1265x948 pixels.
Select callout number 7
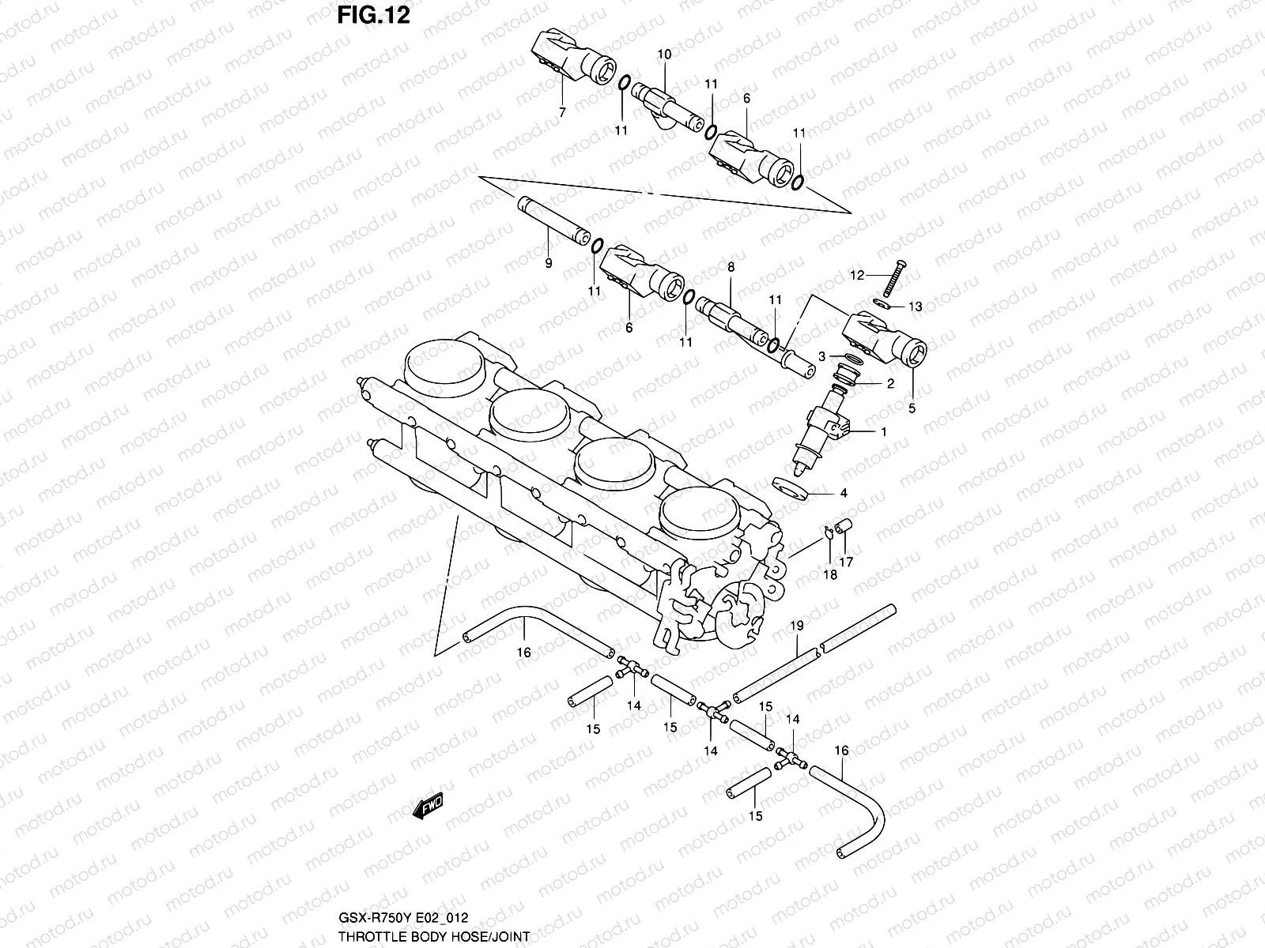tap(562, 113)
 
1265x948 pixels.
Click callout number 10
tap(664, 55)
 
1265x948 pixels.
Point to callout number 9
tap(548, 263)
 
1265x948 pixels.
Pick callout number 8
tap(731, 268)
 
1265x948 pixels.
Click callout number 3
tap(822, 356)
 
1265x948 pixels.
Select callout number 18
tap(830, 575)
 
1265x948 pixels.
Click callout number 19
tap(797, 626)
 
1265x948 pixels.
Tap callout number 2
tap(889, 384)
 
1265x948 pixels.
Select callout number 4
tap(844, 493)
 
